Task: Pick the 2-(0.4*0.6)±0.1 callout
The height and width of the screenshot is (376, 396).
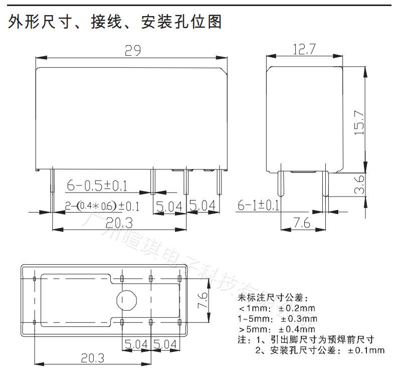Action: click(102, 206)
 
